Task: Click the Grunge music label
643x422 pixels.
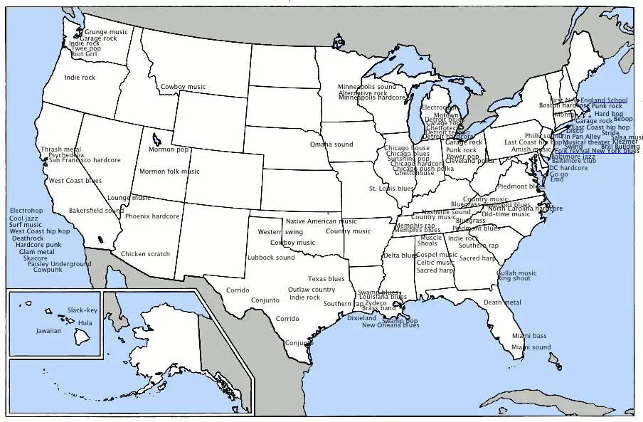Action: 107,31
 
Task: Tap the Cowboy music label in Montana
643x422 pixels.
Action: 183,87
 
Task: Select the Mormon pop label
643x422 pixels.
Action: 169,149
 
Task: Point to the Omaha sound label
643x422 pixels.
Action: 331,144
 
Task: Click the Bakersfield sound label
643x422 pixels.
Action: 96,211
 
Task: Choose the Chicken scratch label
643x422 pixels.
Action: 145,254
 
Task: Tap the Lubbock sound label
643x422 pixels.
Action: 271,257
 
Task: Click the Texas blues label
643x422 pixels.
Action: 326,279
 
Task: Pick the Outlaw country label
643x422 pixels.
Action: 312,290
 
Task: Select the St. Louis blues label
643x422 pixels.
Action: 391,189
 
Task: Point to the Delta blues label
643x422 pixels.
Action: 400,255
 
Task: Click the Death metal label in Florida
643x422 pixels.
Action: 503,302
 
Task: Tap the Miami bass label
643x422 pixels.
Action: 529,335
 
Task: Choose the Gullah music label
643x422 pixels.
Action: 516,273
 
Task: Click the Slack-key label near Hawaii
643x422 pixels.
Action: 83,310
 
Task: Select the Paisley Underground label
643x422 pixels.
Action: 60,263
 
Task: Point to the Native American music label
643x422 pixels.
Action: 321,221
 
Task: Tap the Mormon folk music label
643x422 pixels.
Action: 169,171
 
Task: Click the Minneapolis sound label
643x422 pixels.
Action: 367,87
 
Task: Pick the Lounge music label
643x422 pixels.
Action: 129,198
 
